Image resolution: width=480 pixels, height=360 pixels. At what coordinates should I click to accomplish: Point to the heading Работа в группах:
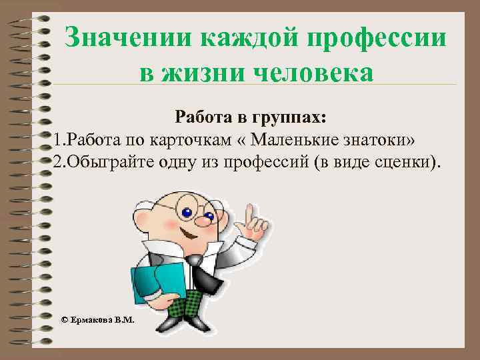point(251,118)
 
